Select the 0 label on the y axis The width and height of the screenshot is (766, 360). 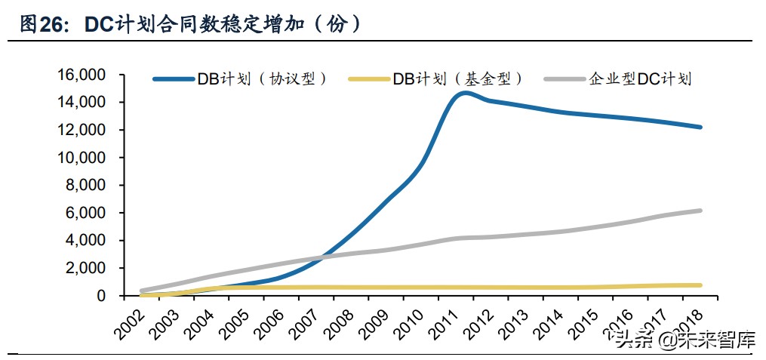point(101,296)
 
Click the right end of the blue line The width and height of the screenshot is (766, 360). point(700,127)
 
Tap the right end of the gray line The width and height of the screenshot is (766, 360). point(700,211)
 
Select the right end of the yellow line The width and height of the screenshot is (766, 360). point(700,285)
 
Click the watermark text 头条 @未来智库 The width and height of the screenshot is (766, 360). point(684,340)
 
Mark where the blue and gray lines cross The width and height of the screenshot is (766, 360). point(321,257)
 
